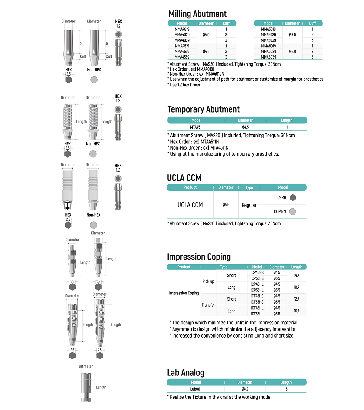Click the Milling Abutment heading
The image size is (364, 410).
[197, 14]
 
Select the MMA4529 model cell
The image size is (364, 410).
[182, 52]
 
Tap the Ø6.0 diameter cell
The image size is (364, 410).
[292, 52]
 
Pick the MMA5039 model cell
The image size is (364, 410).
[268, 40]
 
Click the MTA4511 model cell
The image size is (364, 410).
[196, 127]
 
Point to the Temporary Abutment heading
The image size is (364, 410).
[204, 109]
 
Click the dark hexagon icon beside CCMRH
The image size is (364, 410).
[293, 198]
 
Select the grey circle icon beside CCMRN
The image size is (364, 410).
[292, 212]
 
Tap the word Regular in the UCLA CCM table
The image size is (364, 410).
[249, 205]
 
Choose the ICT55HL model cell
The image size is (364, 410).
[257, 314]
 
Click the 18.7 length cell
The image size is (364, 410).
[296, 287]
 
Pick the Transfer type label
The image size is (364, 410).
[208, 305]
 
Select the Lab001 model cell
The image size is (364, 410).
[196, 389]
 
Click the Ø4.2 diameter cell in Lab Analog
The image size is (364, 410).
[245, 389]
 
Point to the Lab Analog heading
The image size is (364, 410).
[186, 373]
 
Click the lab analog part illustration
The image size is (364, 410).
[86, 387]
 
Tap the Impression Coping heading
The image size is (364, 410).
[199, 257]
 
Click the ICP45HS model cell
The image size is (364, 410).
[257, 273]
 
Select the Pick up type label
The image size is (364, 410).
[208, 281]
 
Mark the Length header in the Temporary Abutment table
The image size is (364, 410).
[286, 120]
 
